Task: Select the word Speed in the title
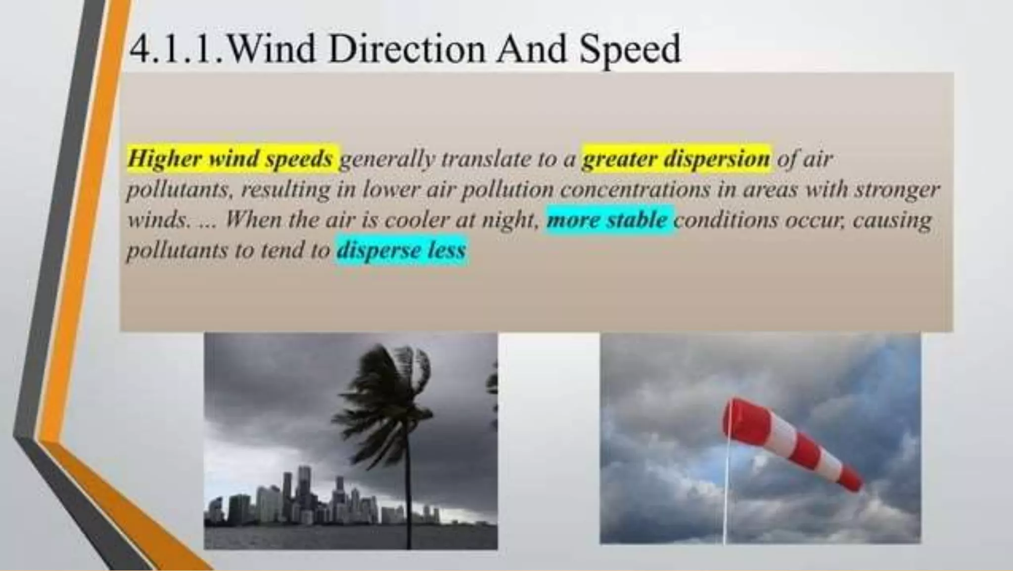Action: click(x=630, y=50)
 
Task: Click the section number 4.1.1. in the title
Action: click(x=176, y=49)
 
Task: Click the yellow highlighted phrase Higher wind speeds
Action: click(x=230, y=159)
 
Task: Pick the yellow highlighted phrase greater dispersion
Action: click(x=676, y=159)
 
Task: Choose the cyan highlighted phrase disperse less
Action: click(x=401, y=250)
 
